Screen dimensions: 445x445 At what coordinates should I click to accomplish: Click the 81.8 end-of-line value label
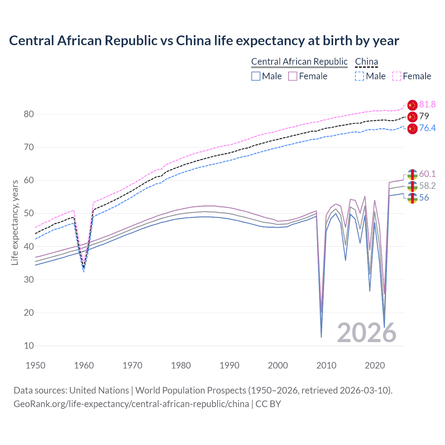(427, 104)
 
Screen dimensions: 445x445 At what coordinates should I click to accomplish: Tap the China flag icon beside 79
(412, 116)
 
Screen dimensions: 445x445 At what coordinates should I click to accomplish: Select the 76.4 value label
(427, 128)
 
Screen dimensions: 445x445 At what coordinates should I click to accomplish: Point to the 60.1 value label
(427, 174)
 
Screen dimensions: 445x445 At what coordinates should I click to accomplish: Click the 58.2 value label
(427, 186)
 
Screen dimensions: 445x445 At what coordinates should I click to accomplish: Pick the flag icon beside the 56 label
(412, 198)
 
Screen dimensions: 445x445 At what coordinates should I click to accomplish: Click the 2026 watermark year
(367, 333)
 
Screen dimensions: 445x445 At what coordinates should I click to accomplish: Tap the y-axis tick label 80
(29, 114)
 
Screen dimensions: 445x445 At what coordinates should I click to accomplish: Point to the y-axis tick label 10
(29, 346)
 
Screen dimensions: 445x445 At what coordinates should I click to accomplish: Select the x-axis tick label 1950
(35, 365)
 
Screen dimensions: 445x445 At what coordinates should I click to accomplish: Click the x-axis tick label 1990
(229, 365)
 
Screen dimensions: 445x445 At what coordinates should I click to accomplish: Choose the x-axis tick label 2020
(375, 365)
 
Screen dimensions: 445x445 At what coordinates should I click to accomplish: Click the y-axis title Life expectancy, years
(15, 222)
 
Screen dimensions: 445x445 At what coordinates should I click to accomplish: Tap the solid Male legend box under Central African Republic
(256, 76)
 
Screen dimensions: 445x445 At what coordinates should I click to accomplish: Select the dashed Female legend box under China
(397, 76)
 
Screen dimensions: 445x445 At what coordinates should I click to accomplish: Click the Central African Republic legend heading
(299, 62)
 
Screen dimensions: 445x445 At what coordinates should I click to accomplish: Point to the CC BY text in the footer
(268, 404)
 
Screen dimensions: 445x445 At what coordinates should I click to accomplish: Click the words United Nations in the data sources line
(99, 390)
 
